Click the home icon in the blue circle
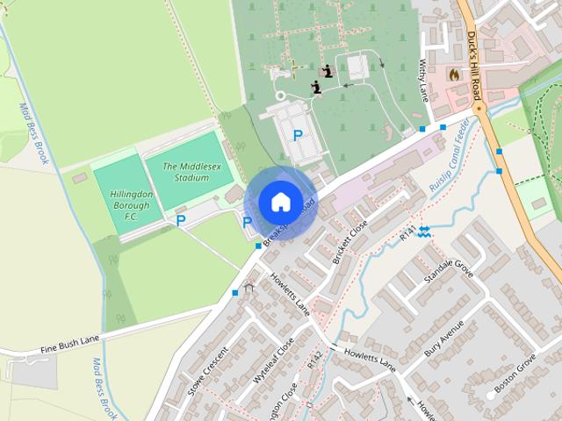(x=279, y=202)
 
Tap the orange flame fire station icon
(x=454, y=75)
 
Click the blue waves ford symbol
(x=424, y=231)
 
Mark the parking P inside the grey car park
(x=299, y=136)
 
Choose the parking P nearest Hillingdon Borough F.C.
(x=181, y=221)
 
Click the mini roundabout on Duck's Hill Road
(x=479, y=110)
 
